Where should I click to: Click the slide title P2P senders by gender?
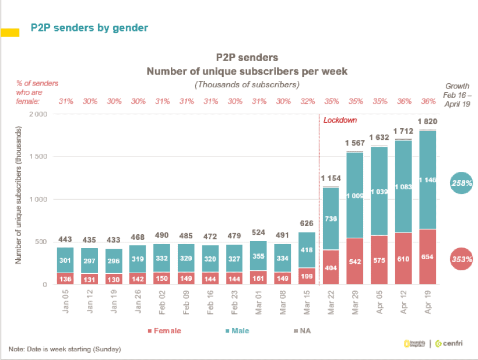[89, 27]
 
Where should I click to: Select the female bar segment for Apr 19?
[427, 257]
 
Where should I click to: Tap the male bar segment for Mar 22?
[331, 218]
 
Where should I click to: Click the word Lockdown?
[340, 120]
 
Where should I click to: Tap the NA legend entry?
[303, 331]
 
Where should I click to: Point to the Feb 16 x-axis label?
[211, 303]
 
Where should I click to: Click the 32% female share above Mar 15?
[307, 101]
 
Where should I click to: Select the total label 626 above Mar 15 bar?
[307, 223]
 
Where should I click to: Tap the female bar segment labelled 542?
[355, 262]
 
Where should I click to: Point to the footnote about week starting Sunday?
[65, 349]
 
